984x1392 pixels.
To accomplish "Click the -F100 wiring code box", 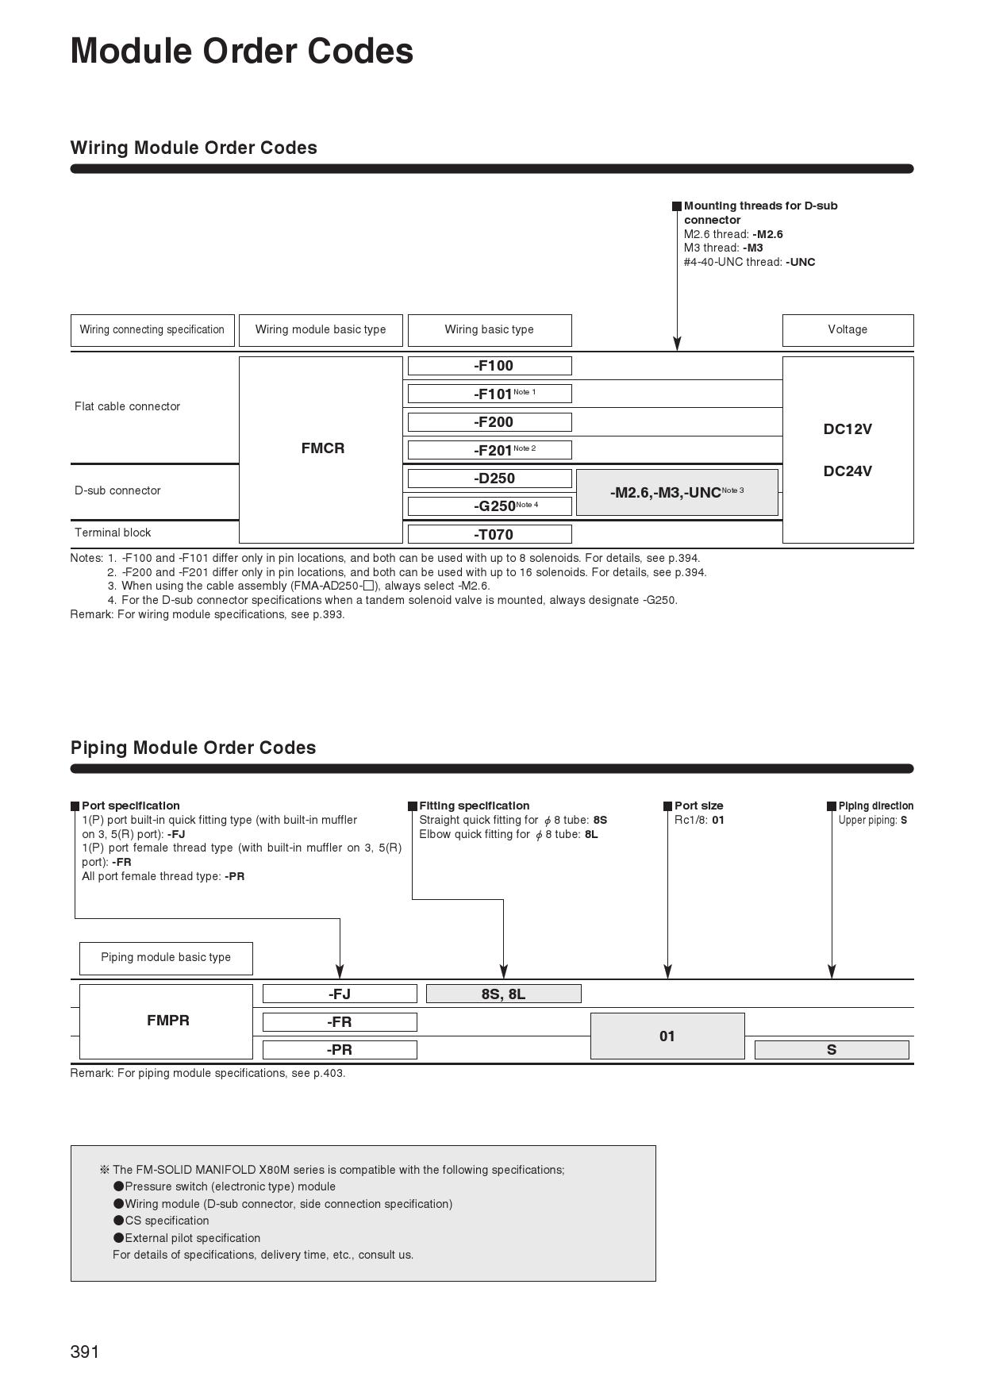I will [x=490, y=366].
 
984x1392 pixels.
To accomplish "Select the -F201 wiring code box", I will [x=490, y=450].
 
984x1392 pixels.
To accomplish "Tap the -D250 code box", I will [x=490, y=479].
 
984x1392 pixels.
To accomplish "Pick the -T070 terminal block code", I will [x=490, y=534].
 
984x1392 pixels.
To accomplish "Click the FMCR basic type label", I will [x=322, y=448].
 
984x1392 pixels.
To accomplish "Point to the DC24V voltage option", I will [x=848, y=471].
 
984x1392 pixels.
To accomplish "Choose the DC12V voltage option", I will [x=848, y=429].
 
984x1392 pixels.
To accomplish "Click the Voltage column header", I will [x=848, y=330].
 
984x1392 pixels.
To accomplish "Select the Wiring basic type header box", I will [x=490, y=330].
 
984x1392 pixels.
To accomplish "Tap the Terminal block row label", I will [x=113, y=533].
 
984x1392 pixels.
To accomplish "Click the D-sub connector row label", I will [x=117, y=490].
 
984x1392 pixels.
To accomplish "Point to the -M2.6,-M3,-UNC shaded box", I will [x=677, y=493].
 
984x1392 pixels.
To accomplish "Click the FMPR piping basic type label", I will [x=167, y=1021].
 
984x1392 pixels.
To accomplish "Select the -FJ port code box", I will [x=340, y=994].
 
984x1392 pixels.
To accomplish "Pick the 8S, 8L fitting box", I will [x=504, y=994].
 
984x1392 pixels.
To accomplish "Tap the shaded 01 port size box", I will [x=667, y=1036].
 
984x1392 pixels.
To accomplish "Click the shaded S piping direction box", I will [x=832, y=1050].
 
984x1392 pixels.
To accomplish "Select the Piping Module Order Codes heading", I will [x=193, y=748].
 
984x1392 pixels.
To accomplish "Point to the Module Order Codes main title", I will [x=242, y=51].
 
